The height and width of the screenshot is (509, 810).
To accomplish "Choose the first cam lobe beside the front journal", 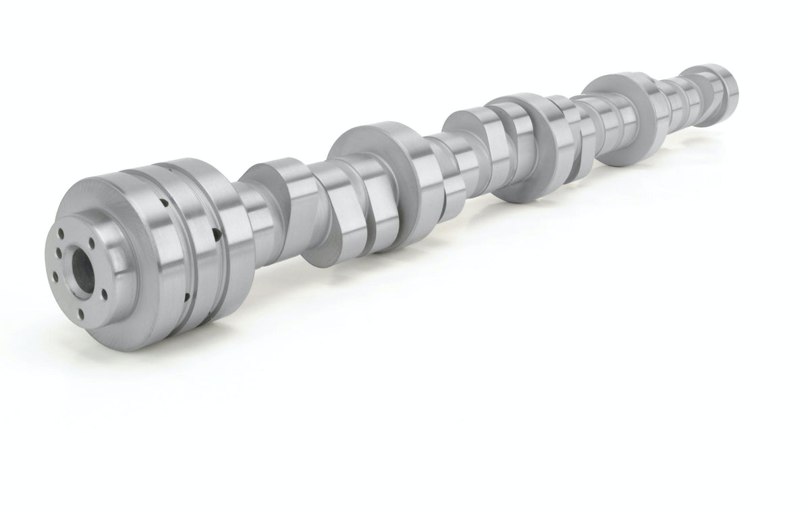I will point(283,203).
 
